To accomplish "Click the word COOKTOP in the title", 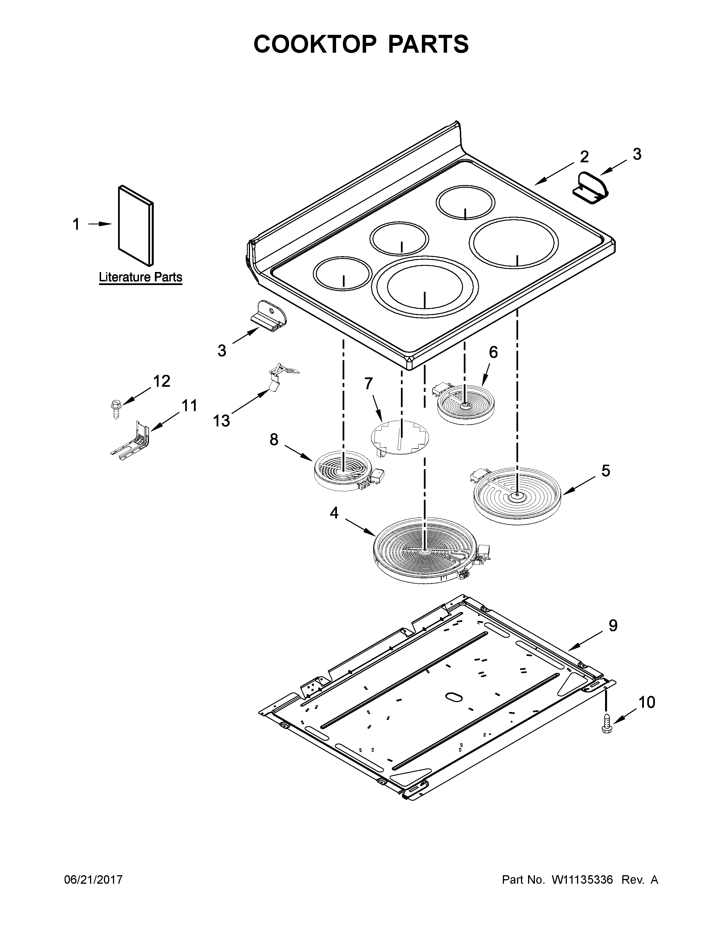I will click(x=315, y=44).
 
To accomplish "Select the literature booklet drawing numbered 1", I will click(x=136, y=226).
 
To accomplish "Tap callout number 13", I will click(x=222, y=421).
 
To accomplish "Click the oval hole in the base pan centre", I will click(x=453, y=697).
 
